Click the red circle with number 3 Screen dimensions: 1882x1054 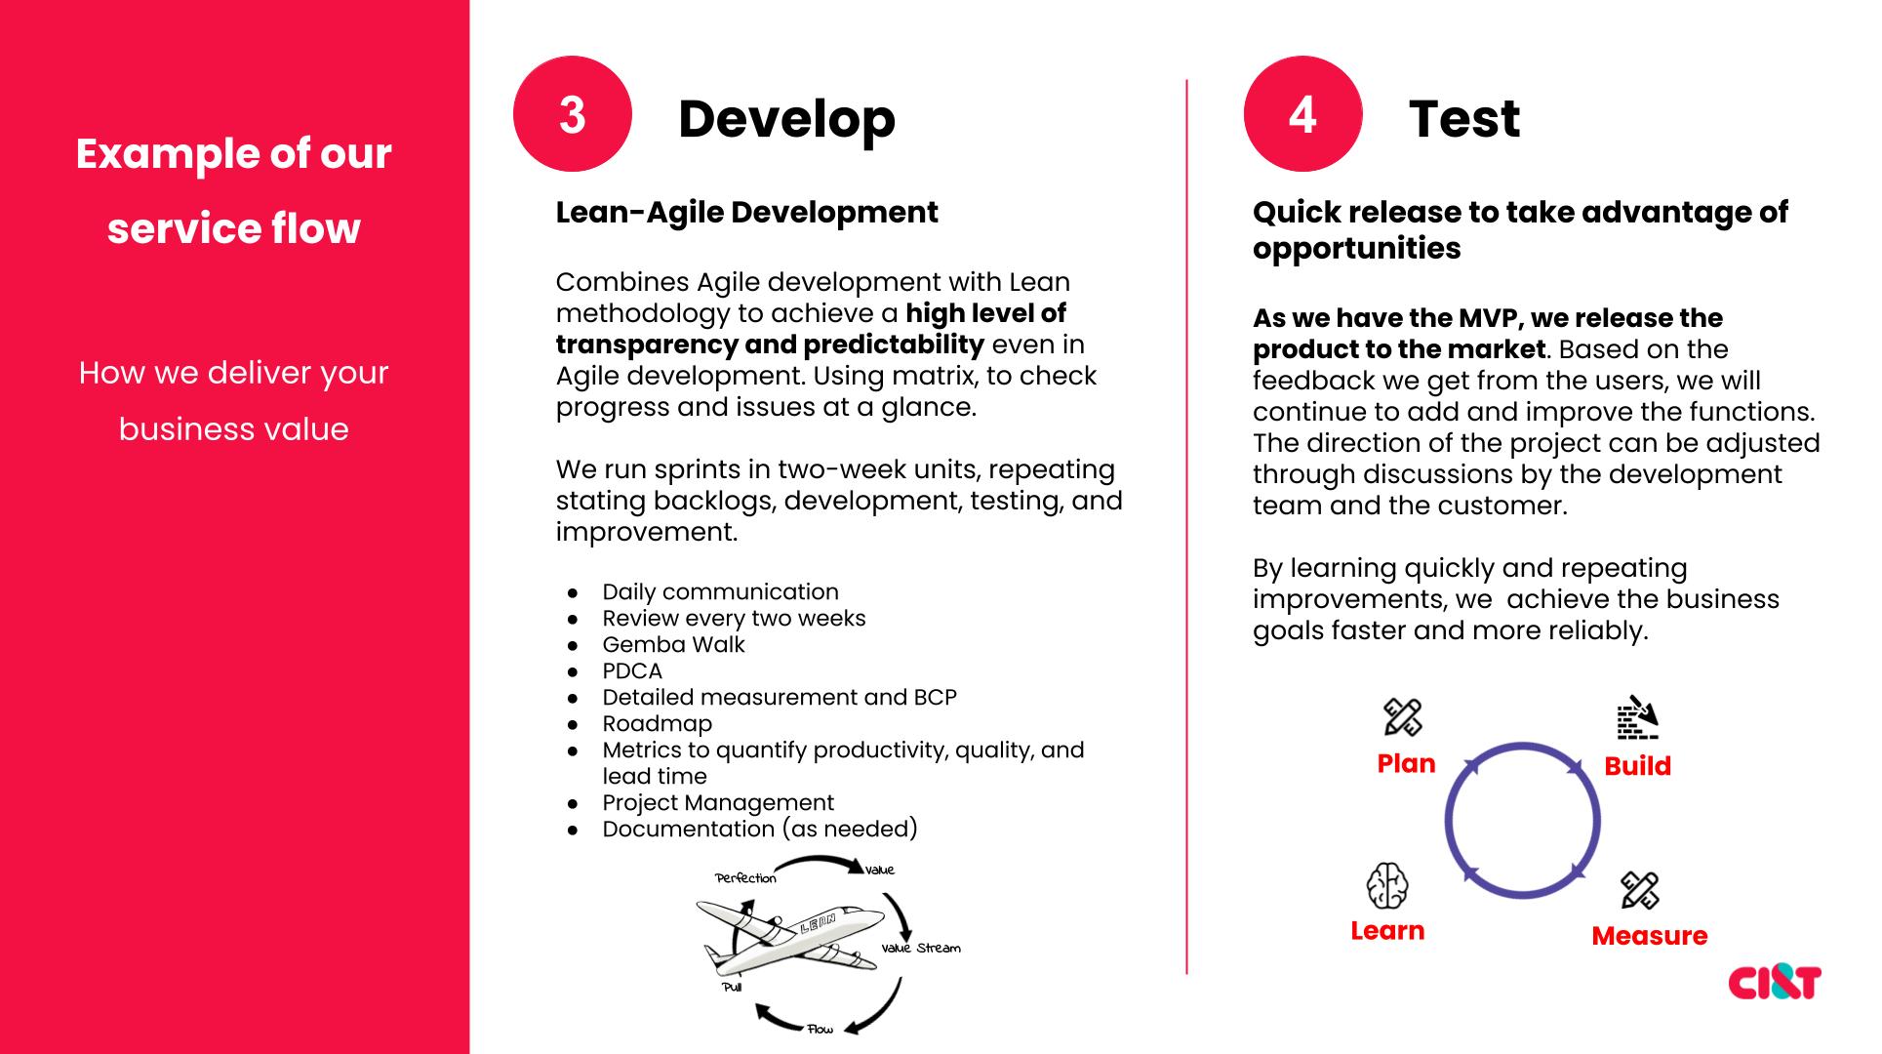pos(573,114)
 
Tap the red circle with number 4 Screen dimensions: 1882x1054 pos(1302,114)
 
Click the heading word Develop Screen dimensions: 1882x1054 pos(786,120)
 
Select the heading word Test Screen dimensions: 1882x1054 pos(1464,119)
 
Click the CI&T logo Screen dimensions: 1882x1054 pos(1774,982)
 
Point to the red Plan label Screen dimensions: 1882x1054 pos(1406,763)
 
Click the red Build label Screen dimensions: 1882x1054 pos(1637,766)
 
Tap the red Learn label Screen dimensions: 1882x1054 pos(1387,931)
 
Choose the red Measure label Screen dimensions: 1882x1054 pos(1649,936)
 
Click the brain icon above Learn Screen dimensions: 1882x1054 pos(1387,886)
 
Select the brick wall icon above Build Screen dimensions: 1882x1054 pos(1637,718)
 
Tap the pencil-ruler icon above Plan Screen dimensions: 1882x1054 pos(1403,717)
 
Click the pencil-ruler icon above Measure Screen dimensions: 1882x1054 pos(1640,890)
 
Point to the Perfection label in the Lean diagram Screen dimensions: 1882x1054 pos(746,878)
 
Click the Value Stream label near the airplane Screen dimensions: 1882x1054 pos(921,948)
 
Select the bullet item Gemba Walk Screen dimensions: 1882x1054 pos(673,644)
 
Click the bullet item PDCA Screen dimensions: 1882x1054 pos(632,670)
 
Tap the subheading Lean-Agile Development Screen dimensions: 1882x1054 pos(746,212)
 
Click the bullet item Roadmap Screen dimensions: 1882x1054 pos(657,723)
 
